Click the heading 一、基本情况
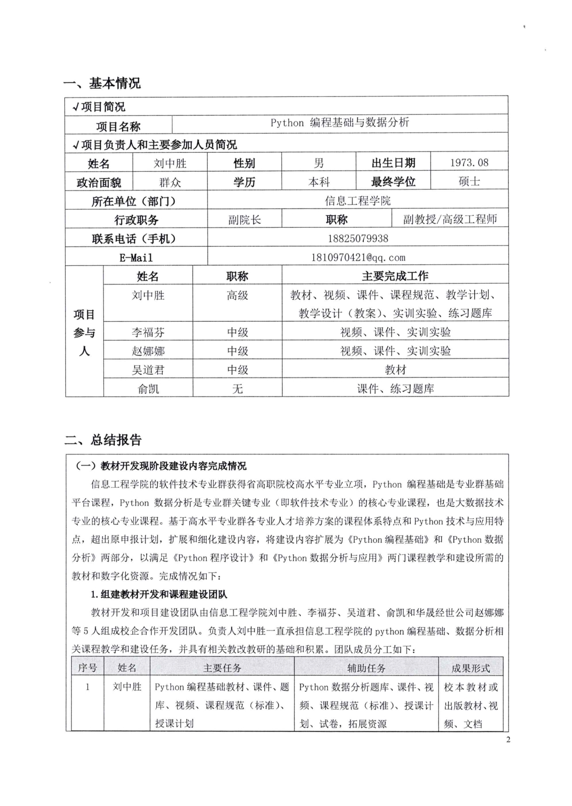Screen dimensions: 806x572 click(102, 83)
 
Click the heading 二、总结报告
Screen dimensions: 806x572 click(103, 440)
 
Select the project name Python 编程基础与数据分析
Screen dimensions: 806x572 click(340, 123)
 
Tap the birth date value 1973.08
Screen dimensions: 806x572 click(469, 162)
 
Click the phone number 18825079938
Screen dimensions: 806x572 click(358, 239)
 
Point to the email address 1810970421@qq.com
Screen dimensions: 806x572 click(358, 257)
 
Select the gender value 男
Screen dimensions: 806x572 click(318, 163)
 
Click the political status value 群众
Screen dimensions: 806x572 click(170, 182)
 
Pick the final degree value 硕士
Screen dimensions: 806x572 click(469, 182)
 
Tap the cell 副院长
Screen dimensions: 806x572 click(244, 220)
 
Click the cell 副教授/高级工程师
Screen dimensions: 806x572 click(450, 219)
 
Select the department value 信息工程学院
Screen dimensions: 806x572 click(358, 201)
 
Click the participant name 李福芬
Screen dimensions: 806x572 click(148, 332)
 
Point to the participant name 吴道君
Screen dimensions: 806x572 click(148, 370)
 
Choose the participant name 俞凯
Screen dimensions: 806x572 click(148, 389)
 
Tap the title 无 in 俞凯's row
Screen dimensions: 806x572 click(237, 389)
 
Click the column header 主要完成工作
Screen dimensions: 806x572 click(395, 276)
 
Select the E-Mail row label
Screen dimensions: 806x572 click(136, 257)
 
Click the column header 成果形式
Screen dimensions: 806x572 click(470, 668)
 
